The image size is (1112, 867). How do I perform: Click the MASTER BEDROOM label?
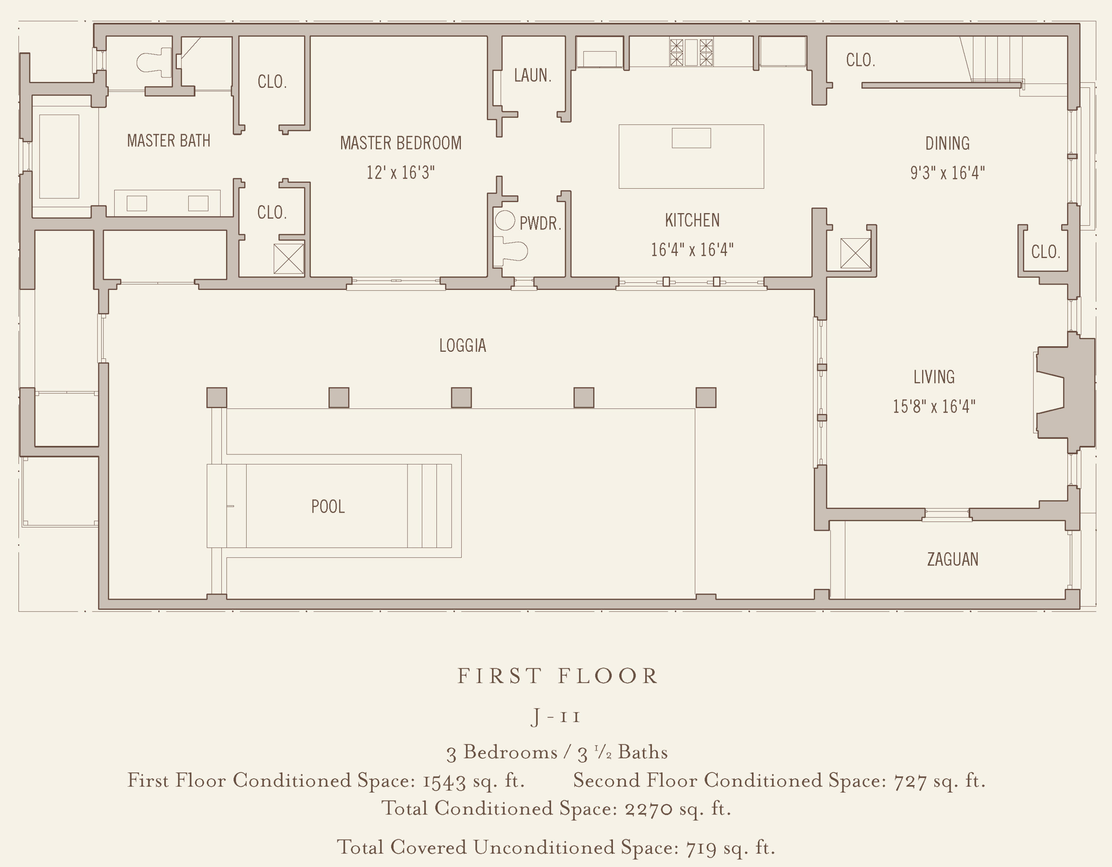(x=401, y=143)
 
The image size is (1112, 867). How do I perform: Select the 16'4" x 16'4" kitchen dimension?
(x=692, y=249)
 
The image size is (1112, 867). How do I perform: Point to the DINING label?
(x=947, y=143)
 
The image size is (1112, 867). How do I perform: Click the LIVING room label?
(x=934, y=377)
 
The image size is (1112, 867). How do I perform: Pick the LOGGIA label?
(x=462, y=346)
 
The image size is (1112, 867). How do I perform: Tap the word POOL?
(x=328, y=507)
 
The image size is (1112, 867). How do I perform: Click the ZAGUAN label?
(x=952, y=559)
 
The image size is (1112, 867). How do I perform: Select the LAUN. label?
(x=532, y=75)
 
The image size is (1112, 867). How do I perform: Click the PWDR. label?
(x=540, y=223)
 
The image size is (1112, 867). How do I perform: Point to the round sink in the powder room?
(x=505, y=221)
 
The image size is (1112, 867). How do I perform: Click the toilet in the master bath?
(x=154, y=63)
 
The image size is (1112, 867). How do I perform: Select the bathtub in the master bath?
(x=59, y=156)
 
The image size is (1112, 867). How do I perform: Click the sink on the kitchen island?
(x=691, y=138)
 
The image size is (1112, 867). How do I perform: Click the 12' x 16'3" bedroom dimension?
(x=401, y=173)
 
